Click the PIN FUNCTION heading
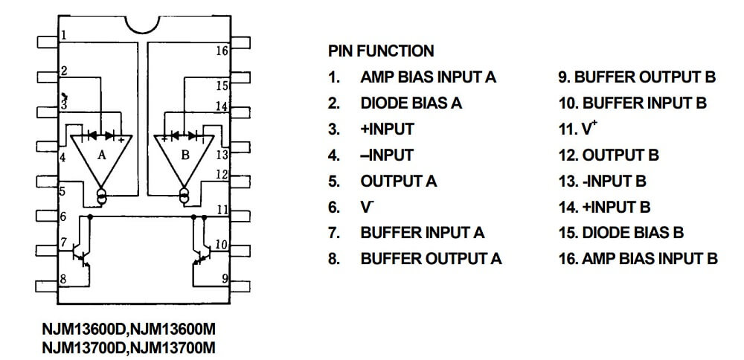pos(380,51)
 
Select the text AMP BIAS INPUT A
pos(428,77)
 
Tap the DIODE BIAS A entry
pos(411,103)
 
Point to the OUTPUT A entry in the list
pos(399,181)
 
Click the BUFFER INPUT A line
pos(422,233)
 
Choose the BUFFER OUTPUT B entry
pos(637,77)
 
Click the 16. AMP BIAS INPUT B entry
pos(638,259)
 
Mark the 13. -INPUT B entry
pos(603,181)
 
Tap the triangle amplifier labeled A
pos(102,157)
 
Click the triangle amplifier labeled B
pos(184,157)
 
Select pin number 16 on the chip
pos(222,51)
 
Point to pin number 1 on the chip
pos(65,35)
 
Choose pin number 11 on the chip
pos(222,210)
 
